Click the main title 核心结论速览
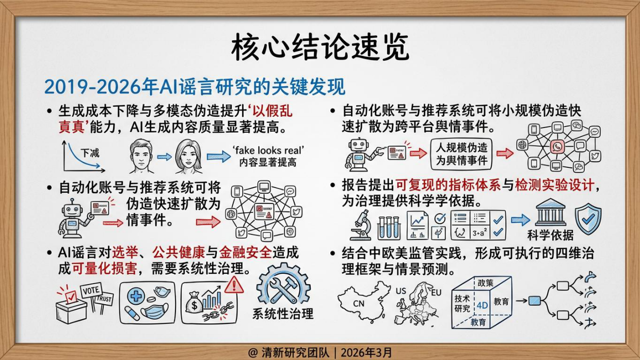pos(319,49)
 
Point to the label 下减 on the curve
pos(90,153)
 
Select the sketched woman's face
pos(188,155)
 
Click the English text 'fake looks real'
pos(268,150)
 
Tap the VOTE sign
pos(90,291)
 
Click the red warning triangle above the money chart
pos(234,284)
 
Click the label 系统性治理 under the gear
pos(283,314)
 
